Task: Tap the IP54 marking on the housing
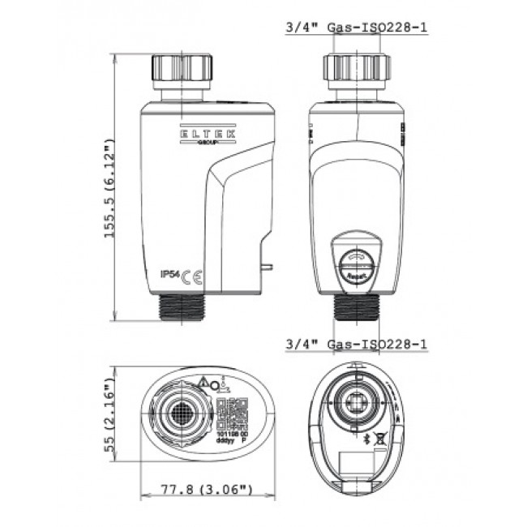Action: coord(170,275)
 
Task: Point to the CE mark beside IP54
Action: coord(192,276)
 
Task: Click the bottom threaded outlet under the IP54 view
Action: coord(186,309)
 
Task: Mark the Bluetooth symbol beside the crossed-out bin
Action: coord(366,437)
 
